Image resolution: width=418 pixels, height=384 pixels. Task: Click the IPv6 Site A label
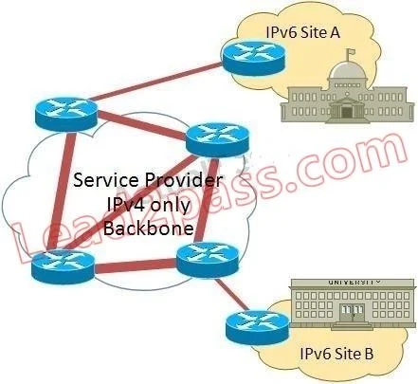pos(302,32)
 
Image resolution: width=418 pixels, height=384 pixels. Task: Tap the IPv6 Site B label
pos(336,354)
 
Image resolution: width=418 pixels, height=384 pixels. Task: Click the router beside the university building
pos(258,328)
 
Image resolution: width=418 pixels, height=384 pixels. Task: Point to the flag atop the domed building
pos(350,52)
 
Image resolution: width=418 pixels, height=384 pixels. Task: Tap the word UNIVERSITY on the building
pos(354,282)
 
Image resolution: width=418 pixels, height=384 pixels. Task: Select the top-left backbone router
pos(66,115)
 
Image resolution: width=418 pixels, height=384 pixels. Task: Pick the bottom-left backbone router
pos(63,266)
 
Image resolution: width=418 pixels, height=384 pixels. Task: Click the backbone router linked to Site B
pos(208,260)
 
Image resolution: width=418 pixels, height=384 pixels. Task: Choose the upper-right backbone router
pos(218,139)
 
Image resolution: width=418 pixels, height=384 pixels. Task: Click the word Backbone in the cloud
pos(148,228)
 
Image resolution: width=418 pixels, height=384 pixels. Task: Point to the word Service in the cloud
pos(106,180)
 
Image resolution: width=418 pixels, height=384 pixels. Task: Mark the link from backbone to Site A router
pos(157,82)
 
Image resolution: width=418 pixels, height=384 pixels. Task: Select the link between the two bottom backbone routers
pos(136,265)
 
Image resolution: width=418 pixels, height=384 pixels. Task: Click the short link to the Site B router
pos(231,294)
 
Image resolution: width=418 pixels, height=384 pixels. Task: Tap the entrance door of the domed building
pos(347,112)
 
